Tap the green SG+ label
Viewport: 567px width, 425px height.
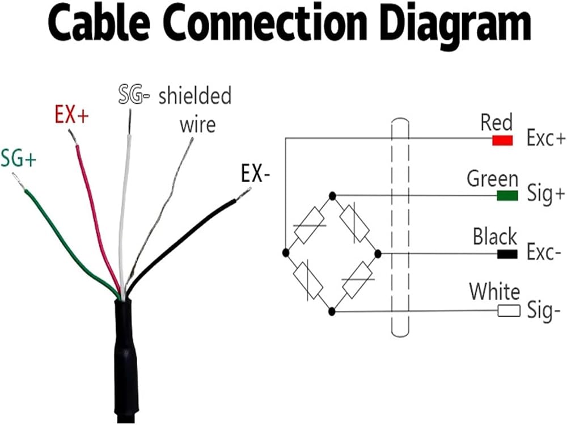pos(19,158)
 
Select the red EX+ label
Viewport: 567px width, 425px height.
pos(71,115)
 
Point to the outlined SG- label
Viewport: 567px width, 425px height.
pos(134,95)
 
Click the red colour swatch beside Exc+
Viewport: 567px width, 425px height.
pos(502,140)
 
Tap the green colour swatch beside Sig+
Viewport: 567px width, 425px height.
pos(507,196)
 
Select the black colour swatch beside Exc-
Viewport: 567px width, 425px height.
pos(507,254)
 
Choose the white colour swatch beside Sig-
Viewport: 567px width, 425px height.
pos(509,310)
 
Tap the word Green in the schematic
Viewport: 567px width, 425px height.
pos(492,179)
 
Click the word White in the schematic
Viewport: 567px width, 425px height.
pos(494,292)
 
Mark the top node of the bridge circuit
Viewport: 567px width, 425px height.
pos(332,196)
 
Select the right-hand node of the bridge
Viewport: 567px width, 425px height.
pos(378,254)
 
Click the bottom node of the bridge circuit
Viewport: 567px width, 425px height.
pos(332,311)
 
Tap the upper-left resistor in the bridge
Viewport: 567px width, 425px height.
pos(309,225)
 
